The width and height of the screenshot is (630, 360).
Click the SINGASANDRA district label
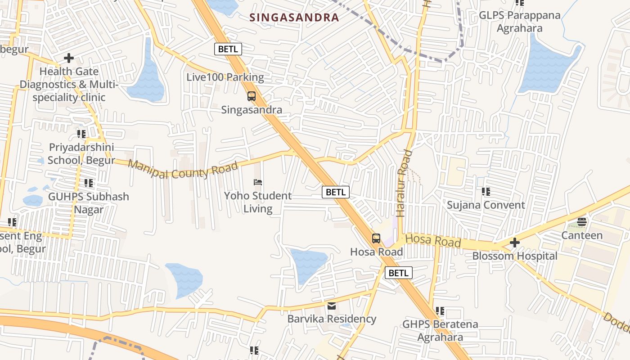click(x=294, y=18)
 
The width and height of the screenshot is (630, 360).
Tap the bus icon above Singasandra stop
click(x=252, y=96)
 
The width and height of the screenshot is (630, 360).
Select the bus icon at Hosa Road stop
click(x=376, y=238)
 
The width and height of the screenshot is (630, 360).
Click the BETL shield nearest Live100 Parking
click(x=228, y=49)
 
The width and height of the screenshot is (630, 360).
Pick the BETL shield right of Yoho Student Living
click(x=336, y=192)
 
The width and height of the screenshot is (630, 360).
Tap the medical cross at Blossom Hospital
click(x=515, y=243)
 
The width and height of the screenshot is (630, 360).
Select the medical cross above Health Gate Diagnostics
click(x=69, y=58)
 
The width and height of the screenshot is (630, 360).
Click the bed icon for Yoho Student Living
click(x=258, y=182)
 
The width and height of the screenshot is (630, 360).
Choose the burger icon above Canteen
click(x=582, y=222)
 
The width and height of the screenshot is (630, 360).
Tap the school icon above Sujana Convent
click(x=486, y=192)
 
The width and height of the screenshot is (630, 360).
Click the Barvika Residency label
click(x=332, y=319)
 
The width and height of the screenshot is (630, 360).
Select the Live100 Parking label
click(x=225, y=77)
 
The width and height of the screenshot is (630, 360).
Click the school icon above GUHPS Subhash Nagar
click(x=89, y=183)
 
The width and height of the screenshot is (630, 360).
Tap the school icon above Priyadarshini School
click(x=81, y=134)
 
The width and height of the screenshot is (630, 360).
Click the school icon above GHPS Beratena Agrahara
click(x=440, y=311)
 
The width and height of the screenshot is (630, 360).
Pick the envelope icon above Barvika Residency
click(x=332, y=306)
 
